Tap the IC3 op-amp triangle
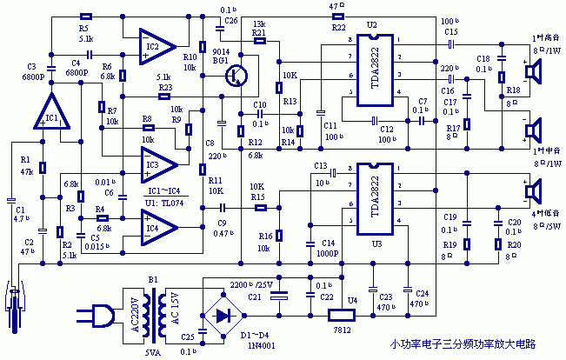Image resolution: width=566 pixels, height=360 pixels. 159,159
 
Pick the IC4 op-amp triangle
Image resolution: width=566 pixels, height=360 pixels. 159,228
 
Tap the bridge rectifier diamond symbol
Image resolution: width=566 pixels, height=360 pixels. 229,314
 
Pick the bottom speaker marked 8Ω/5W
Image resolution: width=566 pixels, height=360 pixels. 528,191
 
